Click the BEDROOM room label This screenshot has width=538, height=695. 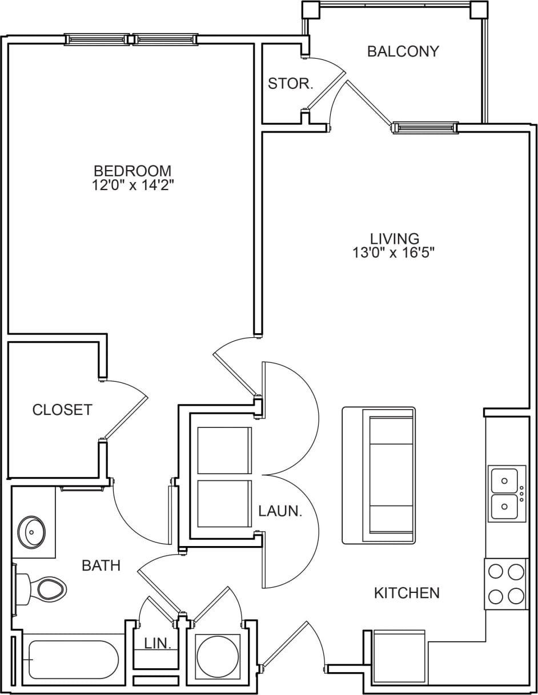(x=133, y=171)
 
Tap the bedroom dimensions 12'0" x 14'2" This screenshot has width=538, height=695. (x=133, y=185)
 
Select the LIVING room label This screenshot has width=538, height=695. (x=394, y=238)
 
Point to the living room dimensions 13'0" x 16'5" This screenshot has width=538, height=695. (x=394, y=252)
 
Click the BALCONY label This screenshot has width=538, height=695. (x=403, y=51)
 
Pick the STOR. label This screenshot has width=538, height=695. (x=291, y=84)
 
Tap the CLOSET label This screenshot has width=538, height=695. (x=62, y=410)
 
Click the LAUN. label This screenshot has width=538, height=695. (x=279, y=511)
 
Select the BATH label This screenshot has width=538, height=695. (x=101, y=565)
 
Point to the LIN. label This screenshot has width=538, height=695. (x=158, y=644)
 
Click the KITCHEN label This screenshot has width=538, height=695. (x=407, y=593)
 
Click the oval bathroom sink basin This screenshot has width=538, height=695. (x=31, y=532)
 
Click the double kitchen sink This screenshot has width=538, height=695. (x=506, y=494)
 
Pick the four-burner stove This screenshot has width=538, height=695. (x=506, y=584)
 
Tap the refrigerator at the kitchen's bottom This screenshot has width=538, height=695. (x=399, y=656)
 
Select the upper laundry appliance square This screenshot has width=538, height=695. (x=224, y=450)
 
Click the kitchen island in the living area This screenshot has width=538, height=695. (x=379, y=475)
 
